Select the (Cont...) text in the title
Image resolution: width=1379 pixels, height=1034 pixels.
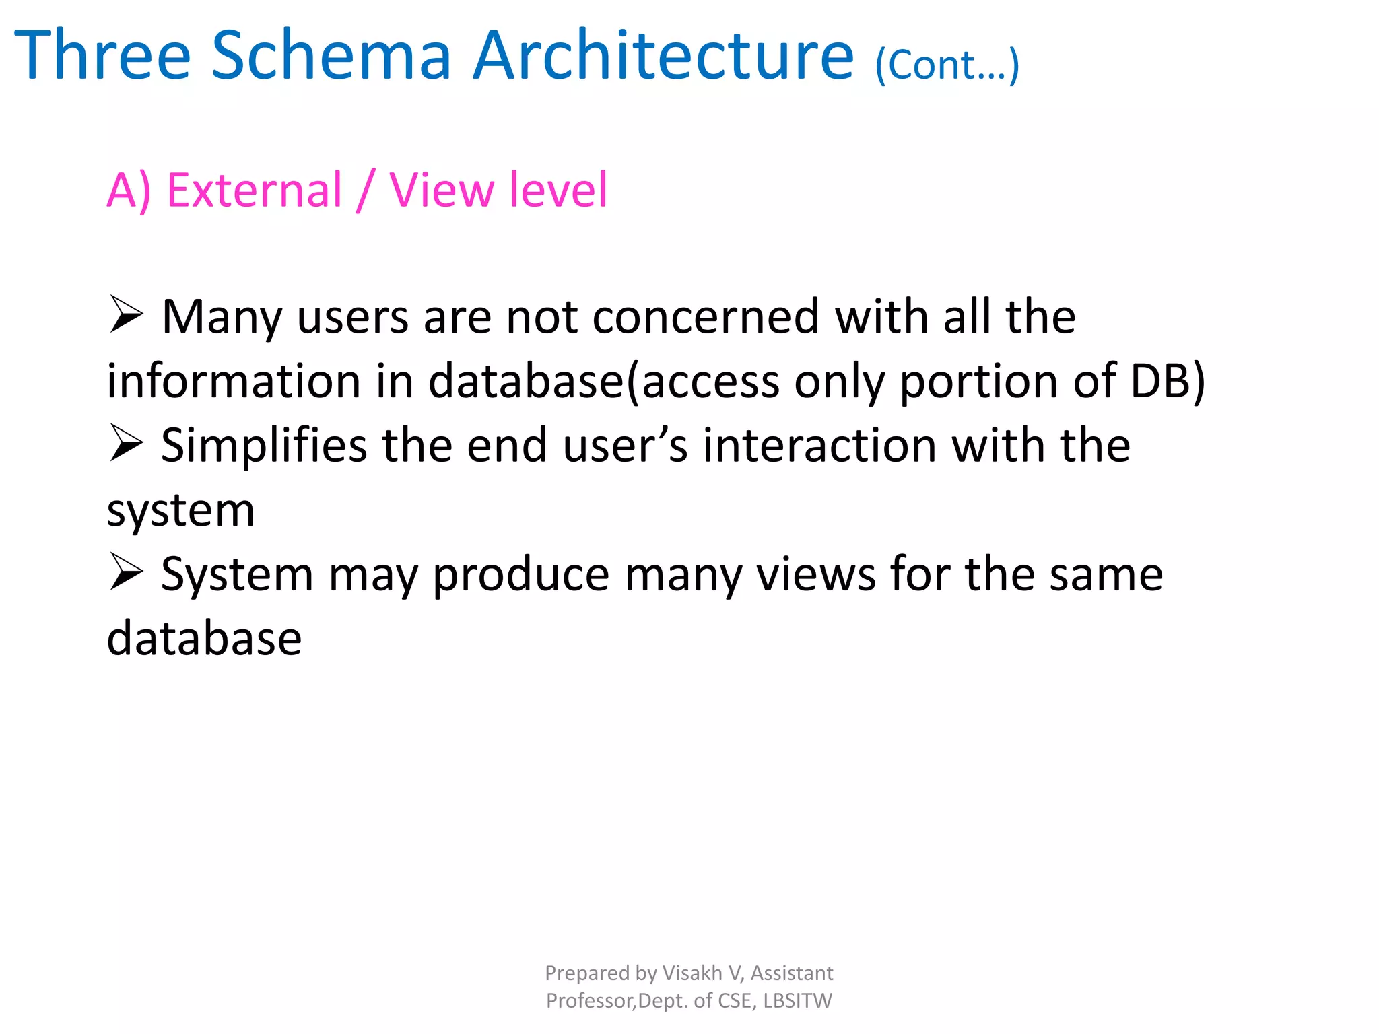click(947, 65)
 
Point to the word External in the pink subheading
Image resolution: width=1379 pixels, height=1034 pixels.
click(255, 190)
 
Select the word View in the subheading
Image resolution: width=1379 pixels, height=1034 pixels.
click(442, 190)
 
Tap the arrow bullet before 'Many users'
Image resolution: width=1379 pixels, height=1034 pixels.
click(126, 315)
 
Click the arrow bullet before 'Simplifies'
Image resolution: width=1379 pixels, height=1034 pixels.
click(126, 444)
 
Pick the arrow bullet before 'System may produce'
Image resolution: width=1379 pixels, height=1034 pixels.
click(126, 573)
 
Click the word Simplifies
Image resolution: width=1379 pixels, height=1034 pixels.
click(264, 446)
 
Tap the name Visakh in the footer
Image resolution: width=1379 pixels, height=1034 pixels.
click(692, 973)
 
